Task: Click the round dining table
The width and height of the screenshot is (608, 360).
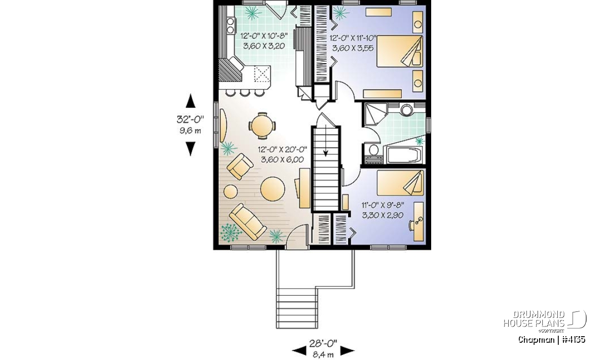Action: (262, 126)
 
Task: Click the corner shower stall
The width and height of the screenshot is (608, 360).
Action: (375, 114)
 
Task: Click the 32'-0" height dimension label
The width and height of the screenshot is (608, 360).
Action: (191, 119)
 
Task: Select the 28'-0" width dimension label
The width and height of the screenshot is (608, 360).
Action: (323, 343)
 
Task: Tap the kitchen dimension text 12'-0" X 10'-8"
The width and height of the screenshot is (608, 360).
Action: (264, 36)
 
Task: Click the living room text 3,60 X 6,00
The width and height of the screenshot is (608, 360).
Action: (282, 159)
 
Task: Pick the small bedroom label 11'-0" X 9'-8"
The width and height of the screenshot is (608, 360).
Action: (383, 205)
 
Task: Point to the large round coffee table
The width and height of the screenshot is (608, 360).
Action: (273, 189)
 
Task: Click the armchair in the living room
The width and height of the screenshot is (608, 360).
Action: (240, 167)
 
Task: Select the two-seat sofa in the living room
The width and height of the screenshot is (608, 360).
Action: (248, 222)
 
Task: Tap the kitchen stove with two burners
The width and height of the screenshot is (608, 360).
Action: (41, 25)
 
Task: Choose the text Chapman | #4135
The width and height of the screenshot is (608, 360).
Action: (552, 340)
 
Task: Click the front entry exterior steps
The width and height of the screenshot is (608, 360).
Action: (297, 308)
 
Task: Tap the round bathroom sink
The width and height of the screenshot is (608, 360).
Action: (406, 110)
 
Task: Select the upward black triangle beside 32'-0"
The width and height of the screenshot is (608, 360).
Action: (191, 101)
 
